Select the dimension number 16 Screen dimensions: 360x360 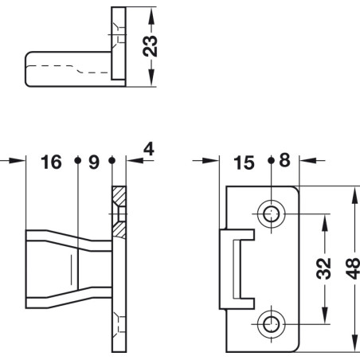[x=51, y=162]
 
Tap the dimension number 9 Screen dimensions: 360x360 [x=94, y=162]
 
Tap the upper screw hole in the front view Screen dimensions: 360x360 [x=272, y=213]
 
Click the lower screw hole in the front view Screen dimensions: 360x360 [x=272, y=323]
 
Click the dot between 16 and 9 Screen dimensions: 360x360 [x=77, y=159]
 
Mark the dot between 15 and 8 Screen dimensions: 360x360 [x=272, y=159]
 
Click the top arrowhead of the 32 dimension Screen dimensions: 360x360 [x=323, y=217]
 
